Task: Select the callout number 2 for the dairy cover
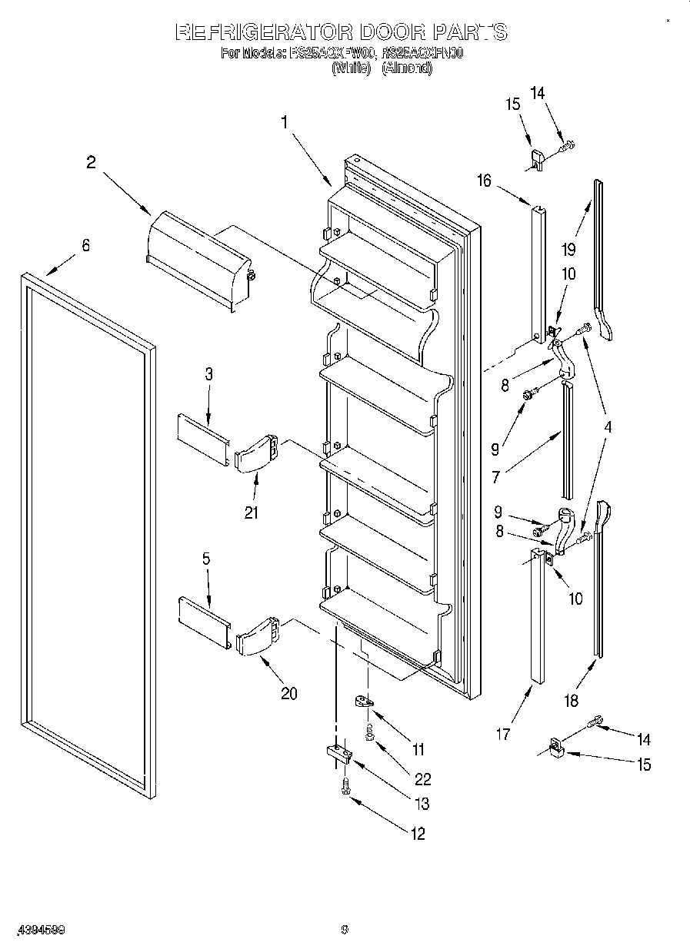[92, 162]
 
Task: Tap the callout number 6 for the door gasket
[85, 246]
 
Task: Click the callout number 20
[288, 693]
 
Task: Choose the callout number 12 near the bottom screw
[417, 834]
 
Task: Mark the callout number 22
[422, 779]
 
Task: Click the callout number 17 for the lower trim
[502, 735]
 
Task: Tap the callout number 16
[483, 181]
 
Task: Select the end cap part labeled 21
[255, 454]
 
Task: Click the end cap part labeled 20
[258, 635]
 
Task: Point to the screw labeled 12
[345, 787]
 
